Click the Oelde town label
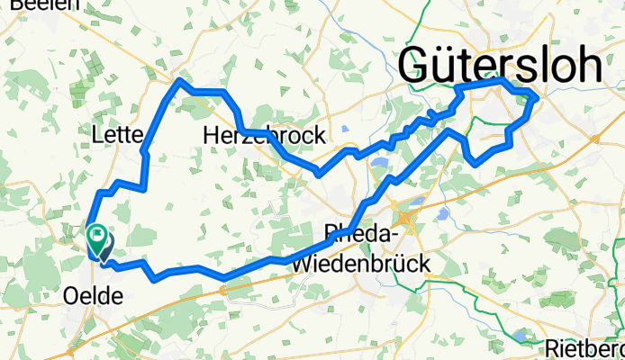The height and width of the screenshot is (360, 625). tap(95, 294)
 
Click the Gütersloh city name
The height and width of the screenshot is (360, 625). tap(501, 67)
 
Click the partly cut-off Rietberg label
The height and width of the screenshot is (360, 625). tap(585, 348)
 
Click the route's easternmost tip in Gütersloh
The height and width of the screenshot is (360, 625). tap(538, 97)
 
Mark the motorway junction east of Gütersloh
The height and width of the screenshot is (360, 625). tap(596, 138)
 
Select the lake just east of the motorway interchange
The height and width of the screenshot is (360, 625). tap(443, 214)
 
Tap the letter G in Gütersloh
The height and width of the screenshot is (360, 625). tap(420, 67)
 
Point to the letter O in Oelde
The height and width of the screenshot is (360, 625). tap(73, 294)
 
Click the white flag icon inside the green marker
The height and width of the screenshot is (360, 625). tap(95, 235)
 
